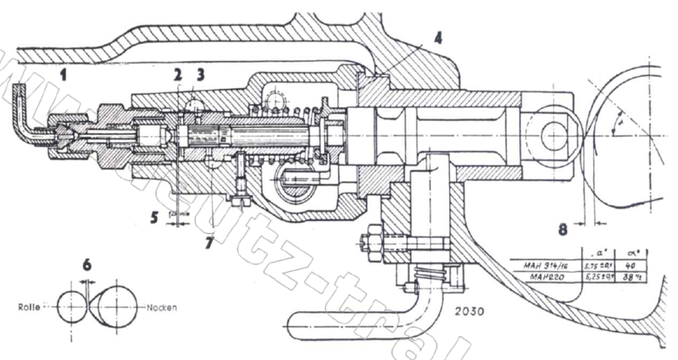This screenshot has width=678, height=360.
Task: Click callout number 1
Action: click(63, 75)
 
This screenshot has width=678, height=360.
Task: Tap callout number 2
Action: click(178, 75)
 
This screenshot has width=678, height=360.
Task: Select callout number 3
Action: click(200, 75)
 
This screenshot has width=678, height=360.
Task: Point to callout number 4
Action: click(437, 38)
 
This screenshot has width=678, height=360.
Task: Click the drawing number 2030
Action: click(482, 311)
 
